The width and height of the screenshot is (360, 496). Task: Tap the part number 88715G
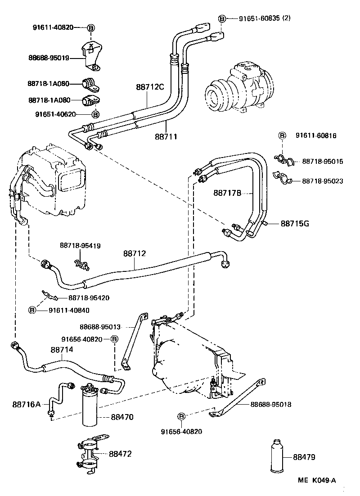tap(295, 223)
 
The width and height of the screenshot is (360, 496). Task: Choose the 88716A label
tap(27, 404)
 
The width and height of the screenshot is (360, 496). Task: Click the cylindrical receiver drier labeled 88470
tap(92, 407)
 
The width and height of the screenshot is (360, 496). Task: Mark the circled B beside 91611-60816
tap(282, 135)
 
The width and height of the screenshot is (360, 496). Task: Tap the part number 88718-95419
tap(80, 245)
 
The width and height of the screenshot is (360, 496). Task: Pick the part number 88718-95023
tap(322, 181)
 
